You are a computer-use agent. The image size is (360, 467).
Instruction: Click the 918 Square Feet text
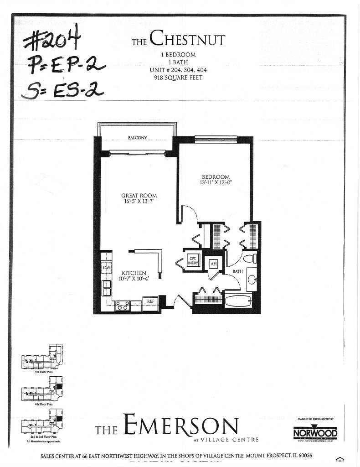click(x=178, y=78)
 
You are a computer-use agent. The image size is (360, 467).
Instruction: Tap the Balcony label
click(x=137, y=138)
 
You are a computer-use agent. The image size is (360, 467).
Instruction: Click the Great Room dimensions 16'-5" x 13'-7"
click(x=139, y=201)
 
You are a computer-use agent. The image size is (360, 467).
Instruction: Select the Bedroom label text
click(x=216, y=177)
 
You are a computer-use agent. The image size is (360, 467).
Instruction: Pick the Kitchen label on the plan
click(x=133, y=273)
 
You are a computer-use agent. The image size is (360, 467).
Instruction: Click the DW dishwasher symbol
click(x=107, y=268)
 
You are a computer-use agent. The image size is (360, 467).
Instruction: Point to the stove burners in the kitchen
click(x=122, y=306)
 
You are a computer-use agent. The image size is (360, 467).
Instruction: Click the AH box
click(x=213, y=264)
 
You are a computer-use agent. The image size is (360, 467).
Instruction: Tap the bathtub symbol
click(x=237, y=301)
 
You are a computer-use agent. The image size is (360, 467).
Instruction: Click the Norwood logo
click(x=315, y=432)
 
